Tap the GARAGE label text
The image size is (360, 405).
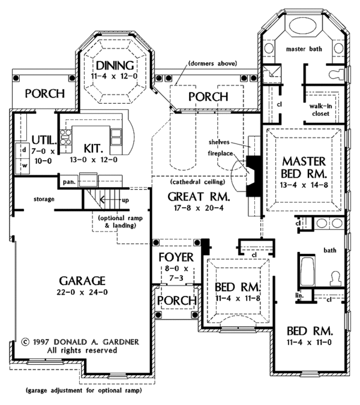[83, 281]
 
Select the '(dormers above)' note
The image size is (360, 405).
[212, 63]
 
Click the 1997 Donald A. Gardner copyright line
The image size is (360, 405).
[80, 341]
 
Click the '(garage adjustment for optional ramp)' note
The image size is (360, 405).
[83, 391]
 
